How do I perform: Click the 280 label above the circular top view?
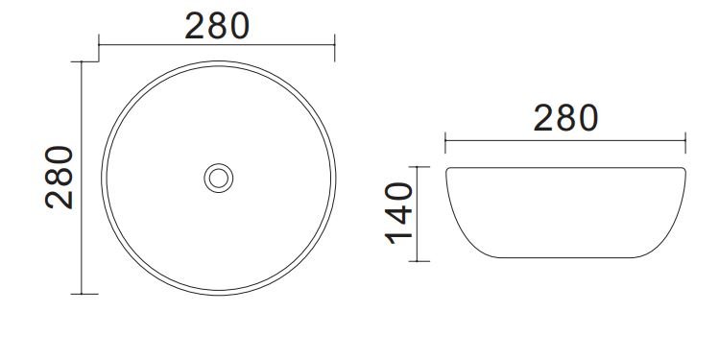click(217, 26)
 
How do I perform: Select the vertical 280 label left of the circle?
click(60, 178)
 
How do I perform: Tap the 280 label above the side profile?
click(565, 118)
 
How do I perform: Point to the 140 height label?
click(399, 213)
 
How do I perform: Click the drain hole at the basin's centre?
click(218, 178)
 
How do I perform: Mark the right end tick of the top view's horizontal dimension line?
click(335, 46)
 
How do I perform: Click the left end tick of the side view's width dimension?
click(445, 143)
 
